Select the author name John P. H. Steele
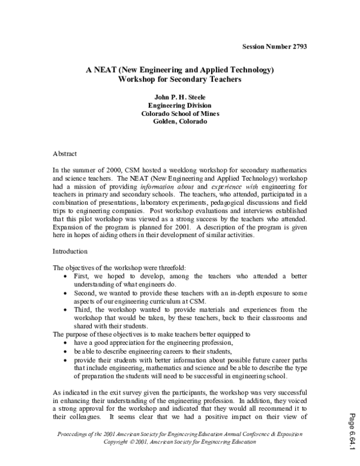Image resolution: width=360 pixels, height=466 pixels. pyautogui.click(x=180, y=96)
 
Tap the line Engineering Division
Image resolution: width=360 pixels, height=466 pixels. pyautogui.click(x=180, y=104)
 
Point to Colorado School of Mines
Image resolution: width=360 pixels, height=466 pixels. pyautogui.click(x=180, y=113)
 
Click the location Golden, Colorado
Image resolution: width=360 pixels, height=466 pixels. pyautogui.click(x=180, y=121)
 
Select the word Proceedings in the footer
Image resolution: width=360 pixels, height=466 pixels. pyautogui.click(x=74, y=434)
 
